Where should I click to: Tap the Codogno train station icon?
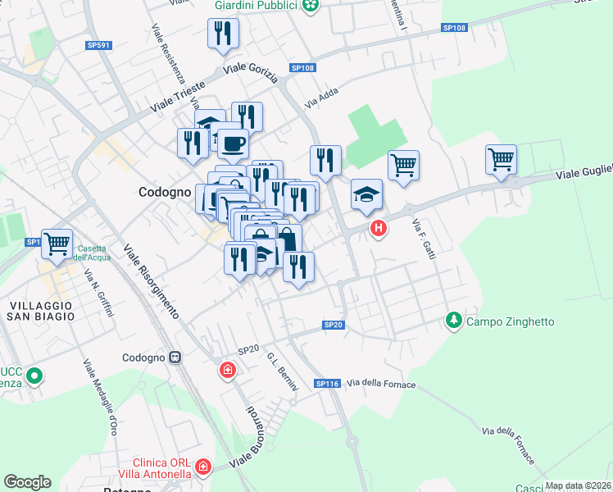click(175, 358)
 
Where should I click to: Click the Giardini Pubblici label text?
click(255, 7)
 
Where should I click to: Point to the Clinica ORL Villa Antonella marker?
click(203, 468)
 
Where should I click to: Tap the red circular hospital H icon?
click(378, 228)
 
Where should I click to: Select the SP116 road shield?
click(327, 384)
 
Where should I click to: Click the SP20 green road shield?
click(333, 326)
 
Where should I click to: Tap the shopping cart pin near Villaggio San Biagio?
click(57, 244)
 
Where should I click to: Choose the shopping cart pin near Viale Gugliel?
click(501, 159)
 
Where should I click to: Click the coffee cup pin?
click(233, 143)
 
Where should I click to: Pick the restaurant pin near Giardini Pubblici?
click(223, 34)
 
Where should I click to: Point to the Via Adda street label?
click(322, 103)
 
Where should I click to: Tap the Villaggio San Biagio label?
click(41, 311)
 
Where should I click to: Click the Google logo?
click(27, 482)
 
